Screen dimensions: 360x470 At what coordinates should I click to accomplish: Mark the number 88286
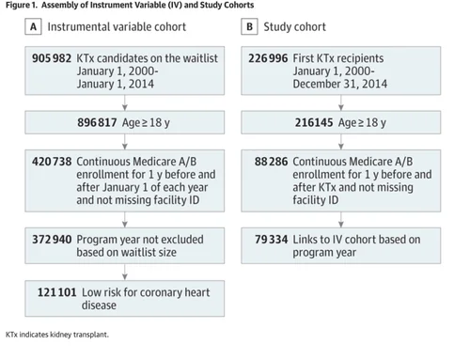(273, 162)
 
